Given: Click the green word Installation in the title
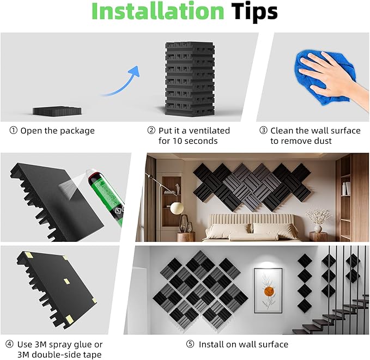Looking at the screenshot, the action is coord(157,11).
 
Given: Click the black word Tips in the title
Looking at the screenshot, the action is coord(254,12).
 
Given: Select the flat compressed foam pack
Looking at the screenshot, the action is coord(57,111).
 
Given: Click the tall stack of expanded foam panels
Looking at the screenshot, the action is coord(190,79).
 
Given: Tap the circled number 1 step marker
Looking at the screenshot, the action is coord(14,130).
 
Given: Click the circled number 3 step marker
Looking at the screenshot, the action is coord(263,130).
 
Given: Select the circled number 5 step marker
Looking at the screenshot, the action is coord(190,344).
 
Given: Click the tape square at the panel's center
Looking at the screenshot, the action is coord(67,281).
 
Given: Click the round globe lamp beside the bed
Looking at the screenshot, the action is coord(177,208).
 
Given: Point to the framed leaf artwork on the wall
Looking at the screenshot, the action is coord(268,290).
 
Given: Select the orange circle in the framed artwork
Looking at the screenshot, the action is coord(269,291).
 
